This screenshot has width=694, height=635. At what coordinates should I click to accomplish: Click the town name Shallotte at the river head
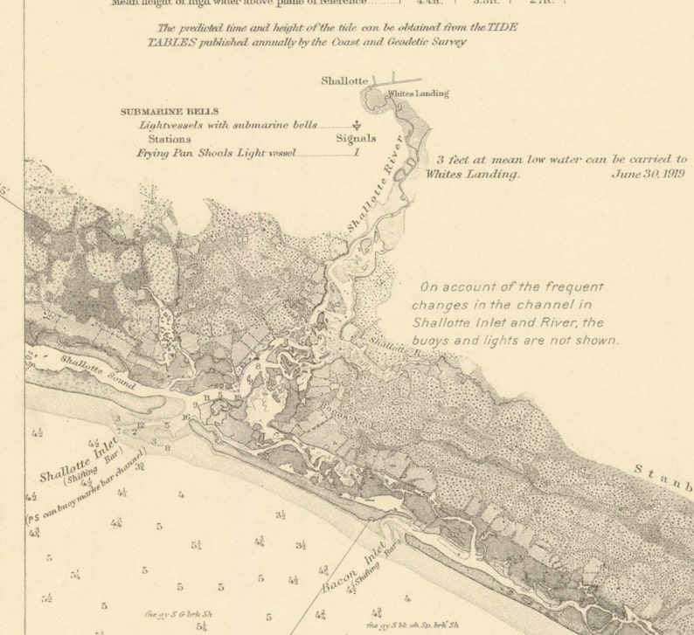pos(344,81)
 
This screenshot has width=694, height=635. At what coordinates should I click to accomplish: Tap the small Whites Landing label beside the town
pos(418,93)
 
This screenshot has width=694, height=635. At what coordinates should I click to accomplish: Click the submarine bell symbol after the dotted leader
pos(356,126)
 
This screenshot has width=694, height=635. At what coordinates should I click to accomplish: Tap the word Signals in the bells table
pos(356,138)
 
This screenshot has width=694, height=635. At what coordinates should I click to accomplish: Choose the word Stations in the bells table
pos(170,138)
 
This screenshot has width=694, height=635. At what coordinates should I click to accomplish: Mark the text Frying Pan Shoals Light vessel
pos(217,152)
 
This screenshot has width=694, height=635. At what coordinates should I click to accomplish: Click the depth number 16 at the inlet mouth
pos(185,417)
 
